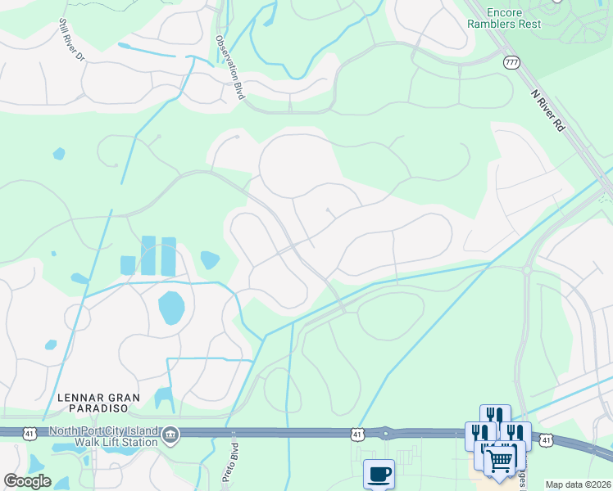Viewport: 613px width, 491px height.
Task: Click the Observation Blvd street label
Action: click(231, 67)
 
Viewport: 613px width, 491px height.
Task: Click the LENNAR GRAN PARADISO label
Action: click(98, 403)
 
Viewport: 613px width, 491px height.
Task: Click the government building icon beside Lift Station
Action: click(170, 435)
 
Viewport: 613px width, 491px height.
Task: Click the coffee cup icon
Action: click(379, 473)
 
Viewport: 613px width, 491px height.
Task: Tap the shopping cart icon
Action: click(499, 457)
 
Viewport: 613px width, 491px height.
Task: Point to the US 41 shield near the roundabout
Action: click(357, 433)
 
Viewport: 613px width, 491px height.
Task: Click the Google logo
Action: click(27, 481)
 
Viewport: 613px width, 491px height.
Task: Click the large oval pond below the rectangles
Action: click(171, 307)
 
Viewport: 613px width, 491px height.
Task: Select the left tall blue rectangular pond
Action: click(148, 255)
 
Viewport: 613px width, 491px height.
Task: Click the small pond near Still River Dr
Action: click(58, 153)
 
